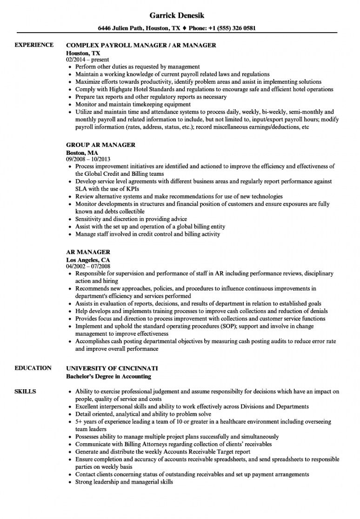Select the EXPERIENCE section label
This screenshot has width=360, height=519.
click(34, 45)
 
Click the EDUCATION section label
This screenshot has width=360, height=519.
click(33, 368)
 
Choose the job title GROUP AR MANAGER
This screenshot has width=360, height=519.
click(101, 145)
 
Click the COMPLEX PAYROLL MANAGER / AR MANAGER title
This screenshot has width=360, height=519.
click(141, 45)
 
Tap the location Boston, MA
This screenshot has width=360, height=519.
click(82, 152)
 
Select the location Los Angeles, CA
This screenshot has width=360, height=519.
click(88, 259)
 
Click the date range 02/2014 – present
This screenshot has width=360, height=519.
click(87, 60)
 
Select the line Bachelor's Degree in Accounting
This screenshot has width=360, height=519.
click(109, 376)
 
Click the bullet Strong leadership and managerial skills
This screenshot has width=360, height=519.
click(124, 482)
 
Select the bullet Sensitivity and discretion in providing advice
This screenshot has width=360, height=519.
click(131, 219)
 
